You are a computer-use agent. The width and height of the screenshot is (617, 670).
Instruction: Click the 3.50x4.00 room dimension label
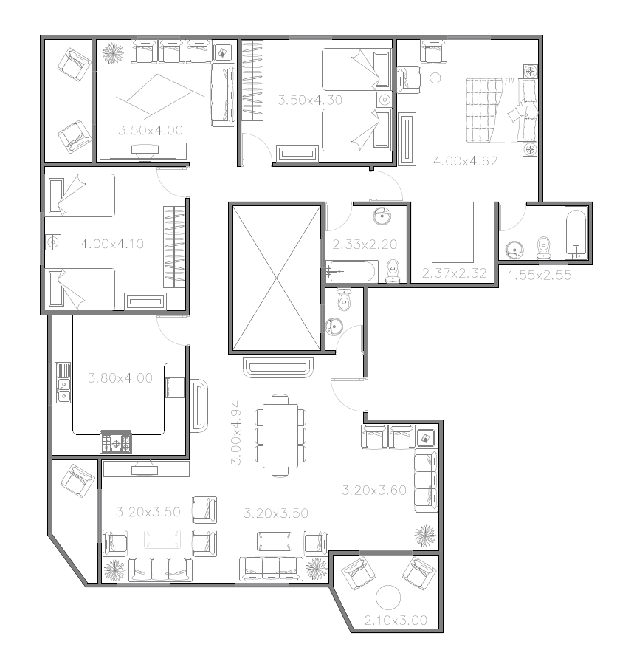[151, 130]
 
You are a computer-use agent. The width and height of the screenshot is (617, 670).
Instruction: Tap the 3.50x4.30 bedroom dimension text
[310, 100]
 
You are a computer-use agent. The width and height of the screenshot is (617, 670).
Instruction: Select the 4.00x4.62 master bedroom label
[466, 161]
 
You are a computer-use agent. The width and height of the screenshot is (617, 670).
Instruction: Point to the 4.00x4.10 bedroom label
[112, 244]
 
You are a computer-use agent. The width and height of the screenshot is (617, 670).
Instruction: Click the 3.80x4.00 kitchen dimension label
[120, 378]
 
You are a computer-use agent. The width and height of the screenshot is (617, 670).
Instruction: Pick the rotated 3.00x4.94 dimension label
[235, 432]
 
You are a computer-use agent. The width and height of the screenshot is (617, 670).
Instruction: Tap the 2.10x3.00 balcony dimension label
[396, 620]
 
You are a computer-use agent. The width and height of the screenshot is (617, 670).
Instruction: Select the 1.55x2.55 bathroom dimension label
[540, 276]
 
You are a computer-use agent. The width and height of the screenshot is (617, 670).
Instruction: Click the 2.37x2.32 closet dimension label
[455, 273]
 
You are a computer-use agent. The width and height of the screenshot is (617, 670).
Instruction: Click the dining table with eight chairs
[280, 435]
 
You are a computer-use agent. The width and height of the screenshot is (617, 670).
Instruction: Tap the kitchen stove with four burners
[116, 442]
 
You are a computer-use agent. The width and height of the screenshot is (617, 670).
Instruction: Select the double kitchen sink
[63, 383]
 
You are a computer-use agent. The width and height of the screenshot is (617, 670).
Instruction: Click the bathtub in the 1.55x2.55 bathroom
[576, 233]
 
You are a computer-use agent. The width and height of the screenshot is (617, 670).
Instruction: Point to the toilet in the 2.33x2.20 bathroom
[393, 272]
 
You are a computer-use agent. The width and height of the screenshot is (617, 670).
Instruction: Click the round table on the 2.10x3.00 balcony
[388, 598]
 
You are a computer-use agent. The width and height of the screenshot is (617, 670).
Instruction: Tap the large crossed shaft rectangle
[277, 278]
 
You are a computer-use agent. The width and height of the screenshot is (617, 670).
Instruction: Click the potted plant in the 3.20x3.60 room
[426, 536]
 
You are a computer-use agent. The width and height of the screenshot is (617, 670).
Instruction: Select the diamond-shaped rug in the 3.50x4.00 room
[159, 96]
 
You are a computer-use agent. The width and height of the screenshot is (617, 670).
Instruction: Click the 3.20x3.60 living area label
[374, 490]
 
